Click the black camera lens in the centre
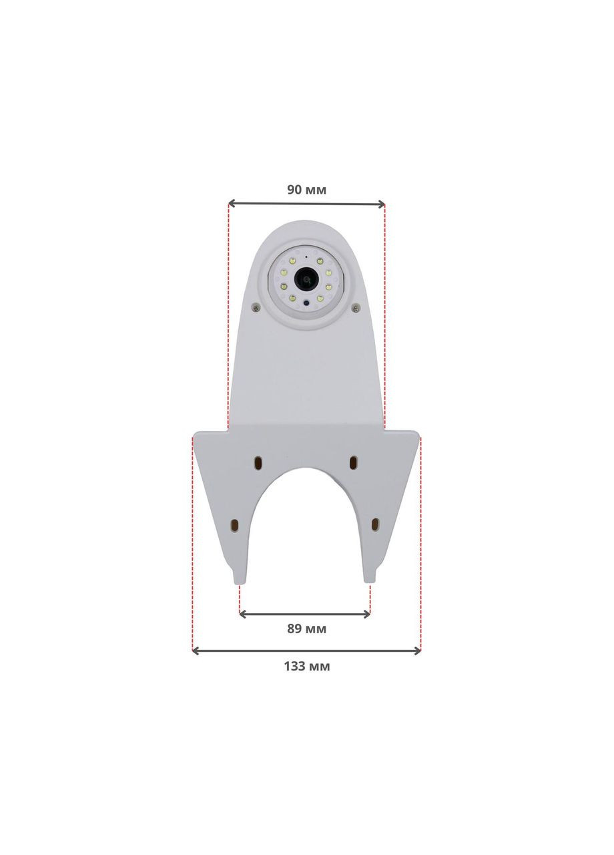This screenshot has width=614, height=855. pyautogui.click(x=306, y=279)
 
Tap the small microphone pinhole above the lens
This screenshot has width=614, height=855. pyautogui.click(x=306, y=256)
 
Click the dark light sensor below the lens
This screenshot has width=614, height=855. pyautogui.click(x=306, y=303)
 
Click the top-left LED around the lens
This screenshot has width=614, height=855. pyautogui.click(x=292, y=261)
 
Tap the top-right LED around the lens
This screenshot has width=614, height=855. pyautogui.click(x=320, y=261)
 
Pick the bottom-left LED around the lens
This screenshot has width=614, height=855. pyautogui.click(x=292, y=297)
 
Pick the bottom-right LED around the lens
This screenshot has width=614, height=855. pyautogui.click(x=320, y=297)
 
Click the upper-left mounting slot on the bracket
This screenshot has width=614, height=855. pyautogui.click(x=258, y=463)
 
